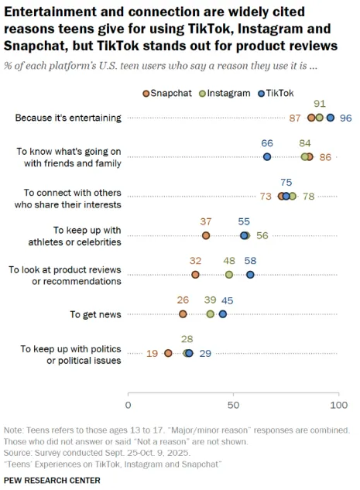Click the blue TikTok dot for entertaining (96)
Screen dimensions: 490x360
point(330,118)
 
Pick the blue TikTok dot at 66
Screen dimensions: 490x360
point(267,156)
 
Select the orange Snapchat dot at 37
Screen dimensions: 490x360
point(206,235)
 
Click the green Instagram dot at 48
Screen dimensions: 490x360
point(229,275)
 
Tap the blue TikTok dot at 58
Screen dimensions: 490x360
point(250,275)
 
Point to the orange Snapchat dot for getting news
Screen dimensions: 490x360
point(183,314)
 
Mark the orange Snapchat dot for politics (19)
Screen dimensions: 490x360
point(168,353)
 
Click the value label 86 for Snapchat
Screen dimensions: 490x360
point(325,157)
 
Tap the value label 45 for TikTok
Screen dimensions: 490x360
point(228,300)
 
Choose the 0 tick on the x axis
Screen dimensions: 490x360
point(129,404)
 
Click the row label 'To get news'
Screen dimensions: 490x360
point(95,314)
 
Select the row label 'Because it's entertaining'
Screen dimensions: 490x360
point(68,118)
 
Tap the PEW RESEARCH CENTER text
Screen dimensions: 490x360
point(52,480)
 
